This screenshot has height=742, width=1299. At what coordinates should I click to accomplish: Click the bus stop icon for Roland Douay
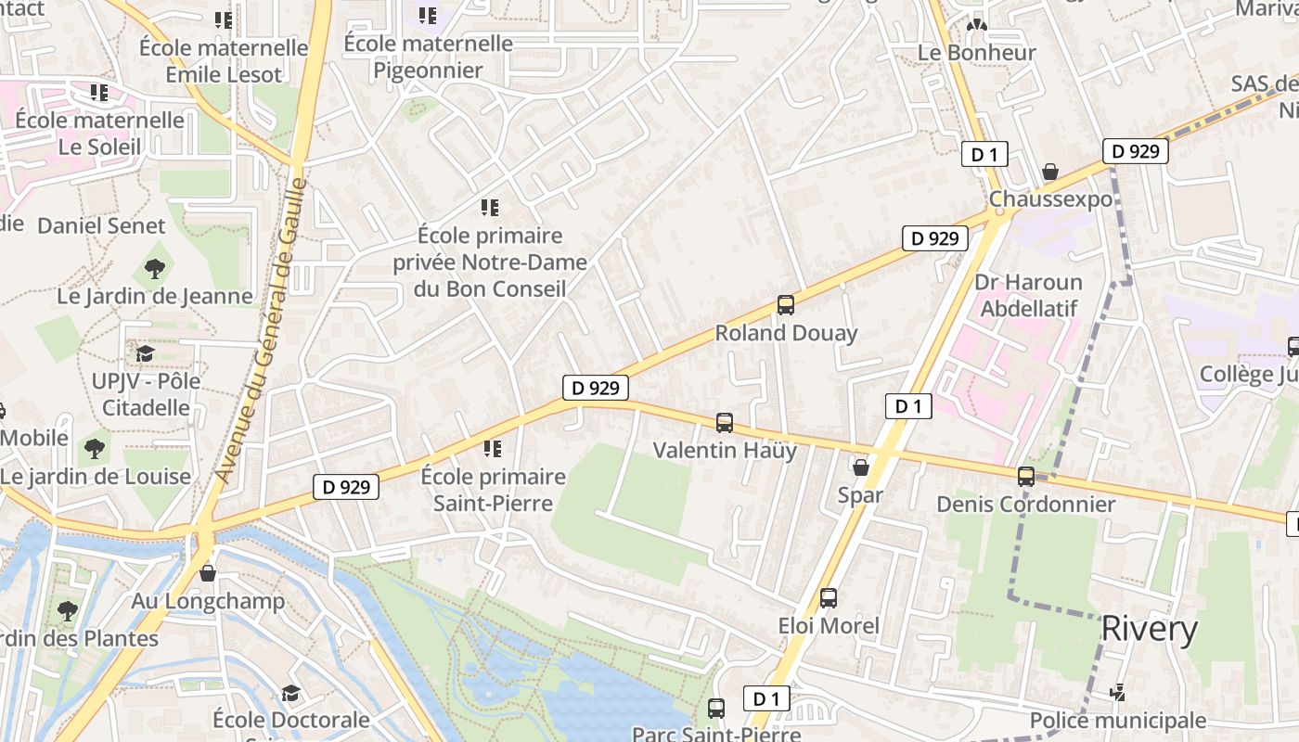pos(785,305)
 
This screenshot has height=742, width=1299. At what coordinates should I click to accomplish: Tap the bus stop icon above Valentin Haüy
pos(725,423)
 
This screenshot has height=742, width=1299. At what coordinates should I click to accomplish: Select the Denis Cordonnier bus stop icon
pos(1025,477)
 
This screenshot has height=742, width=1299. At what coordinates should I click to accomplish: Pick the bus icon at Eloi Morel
pos(829,598)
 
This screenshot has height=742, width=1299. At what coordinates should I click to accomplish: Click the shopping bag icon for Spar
pos(860,467)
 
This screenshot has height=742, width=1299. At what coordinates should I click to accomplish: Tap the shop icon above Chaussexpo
pos(1050,172)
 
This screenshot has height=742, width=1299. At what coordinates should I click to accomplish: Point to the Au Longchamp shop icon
pos(208,573)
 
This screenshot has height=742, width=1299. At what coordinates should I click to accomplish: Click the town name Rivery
pos(1149,629)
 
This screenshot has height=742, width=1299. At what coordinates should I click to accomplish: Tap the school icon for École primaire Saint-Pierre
pos(493,449)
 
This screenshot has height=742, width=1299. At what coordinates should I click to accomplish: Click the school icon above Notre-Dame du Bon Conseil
pos(490,208)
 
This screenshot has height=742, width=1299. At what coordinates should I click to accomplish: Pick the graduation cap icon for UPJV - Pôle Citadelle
pos(145,353)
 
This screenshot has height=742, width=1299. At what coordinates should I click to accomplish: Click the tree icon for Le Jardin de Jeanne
pos(155,269)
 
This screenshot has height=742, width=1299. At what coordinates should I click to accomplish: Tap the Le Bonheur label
pos(976,53)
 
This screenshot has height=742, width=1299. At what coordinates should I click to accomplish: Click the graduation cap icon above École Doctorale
pos(290,693)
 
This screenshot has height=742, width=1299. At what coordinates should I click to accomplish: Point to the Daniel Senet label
pos(101,225)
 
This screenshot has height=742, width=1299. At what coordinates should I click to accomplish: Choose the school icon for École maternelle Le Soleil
pos(99,93)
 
